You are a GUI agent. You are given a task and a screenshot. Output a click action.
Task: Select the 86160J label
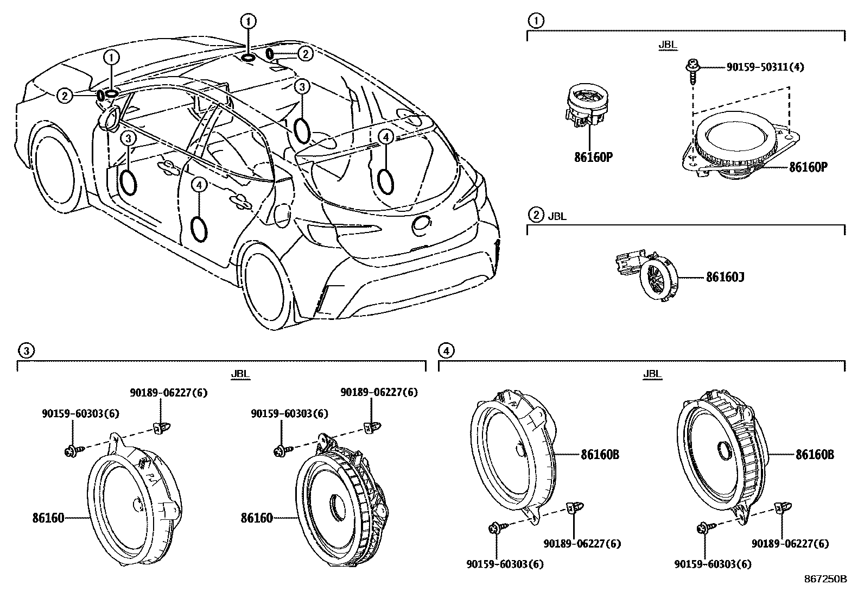pyautogui.click(x=725, y=278)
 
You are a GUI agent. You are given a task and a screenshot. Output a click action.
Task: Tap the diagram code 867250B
pyautogui.click(x=825, y=579)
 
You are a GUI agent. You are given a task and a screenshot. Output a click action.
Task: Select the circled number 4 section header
pyautogui.click(x=446, y=350)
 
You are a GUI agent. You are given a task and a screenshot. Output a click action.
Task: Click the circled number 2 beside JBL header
pyautogui.click(x=536, y=216)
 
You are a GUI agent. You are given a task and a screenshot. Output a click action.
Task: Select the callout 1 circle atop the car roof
pyautogui.click(x=248, y=21)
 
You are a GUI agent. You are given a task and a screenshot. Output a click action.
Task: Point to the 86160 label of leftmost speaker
pyautogui.click(x=48, y=518)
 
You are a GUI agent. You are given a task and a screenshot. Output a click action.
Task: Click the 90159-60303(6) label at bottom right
pyautogui.click(x=713, y=564)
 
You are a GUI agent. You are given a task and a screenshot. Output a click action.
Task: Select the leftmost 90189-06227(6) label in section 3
pyautogui.click(x=168, y=392)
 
